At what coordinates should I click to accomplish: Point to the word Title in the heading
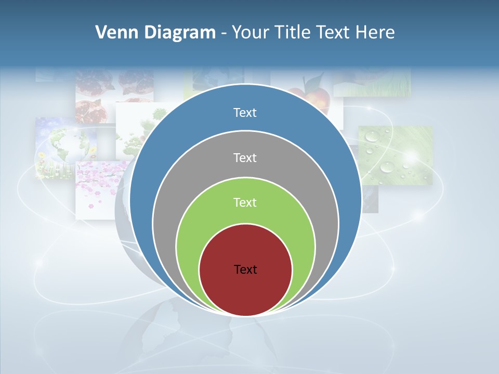tap(296, 33)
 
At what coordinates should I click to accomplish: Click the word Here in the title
tap(375, 33)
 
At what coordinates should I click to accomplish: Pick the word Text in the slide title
tap(334, 33)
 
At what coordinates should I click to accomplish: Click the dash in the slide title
tap(224, 33)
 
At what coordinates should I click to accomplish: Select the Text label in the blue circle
tap(245, 113)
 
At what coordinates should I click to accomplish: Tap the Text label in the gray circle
tap(245, 157)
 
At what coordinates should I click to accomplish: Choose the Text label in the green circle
tap(245, 202)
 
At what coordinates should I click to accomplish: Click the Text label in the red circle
tap(245, 269)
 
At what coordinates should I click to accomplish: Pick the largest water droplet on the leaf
tap(387, 167)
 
